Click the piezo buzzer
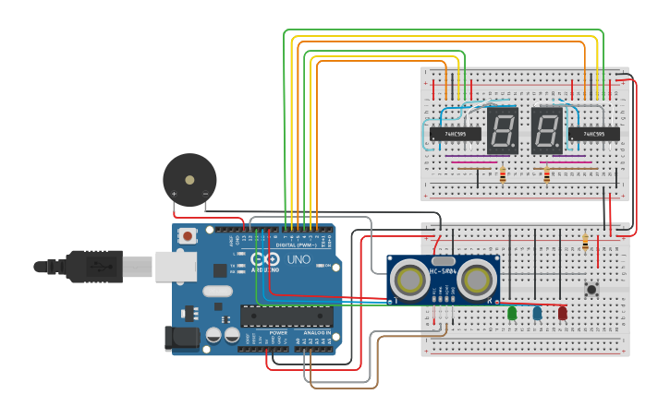(189, 179)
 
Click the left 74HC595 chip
(456, 134)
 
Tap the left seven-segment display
(502, 130)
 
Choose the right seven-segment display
(546, 130)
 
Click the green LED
(512, 314)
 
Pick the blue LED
(537, 314)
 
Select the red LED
(562, 314)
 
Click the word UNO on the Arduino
(299, 261)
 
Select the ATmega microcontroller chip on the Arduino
(286, 316)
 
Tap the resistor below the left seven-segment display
(503, 174)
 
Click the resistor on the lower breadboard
(585, 243)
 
